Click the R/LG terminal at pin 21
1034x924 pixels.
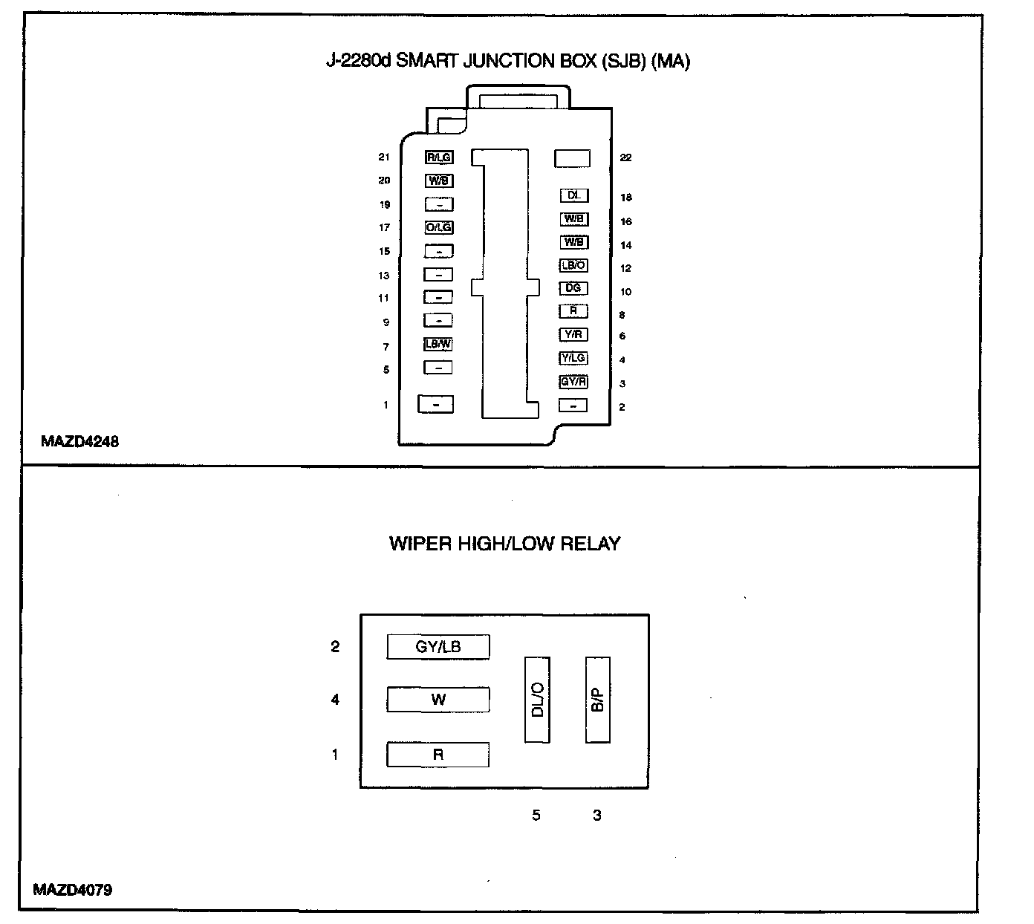[x=438, y=157]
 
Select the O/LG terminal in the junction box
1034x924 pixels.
[x=438, y=227]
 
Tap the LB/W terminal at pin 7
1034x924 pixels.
[x=438, y=344]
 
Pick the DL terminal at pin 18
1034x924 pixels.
[x=573, y=195]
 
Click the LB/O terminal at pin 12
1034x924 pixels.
[x=573, y=265]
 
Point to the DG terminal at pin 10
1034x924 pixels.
[x=573, y=288]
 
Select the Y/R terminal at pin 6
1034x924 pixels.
[x=573, y=334]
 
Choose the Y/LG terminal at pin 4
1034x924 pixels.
[x=573, y=358]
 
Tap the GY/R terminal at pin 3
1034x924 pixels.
[x=573, y=382]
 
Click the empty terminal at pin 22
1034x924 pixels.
[x=573, y=158]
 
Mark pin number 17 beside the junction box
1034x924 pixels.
[x=384, y=227]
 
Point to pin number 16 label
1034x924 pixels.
[x=626, y=221]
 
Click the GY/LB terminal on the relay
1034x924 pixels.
[x=438, y=647]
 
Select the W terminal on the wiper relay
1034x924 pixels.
[x=438, y=700]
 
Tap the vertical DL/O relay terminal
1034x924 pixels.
[x=538, y=700]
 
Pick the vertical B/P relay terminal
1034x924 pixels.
[x=598, y=700]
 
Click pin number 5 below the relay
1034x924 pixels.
[x=536, y=816]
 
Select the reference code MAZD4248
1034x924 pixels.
[x=80, y=441]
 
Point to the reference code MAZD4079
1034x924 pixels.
[x=73, y=890]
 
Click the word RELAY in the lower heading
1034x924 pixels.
[x=590, y=544]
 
